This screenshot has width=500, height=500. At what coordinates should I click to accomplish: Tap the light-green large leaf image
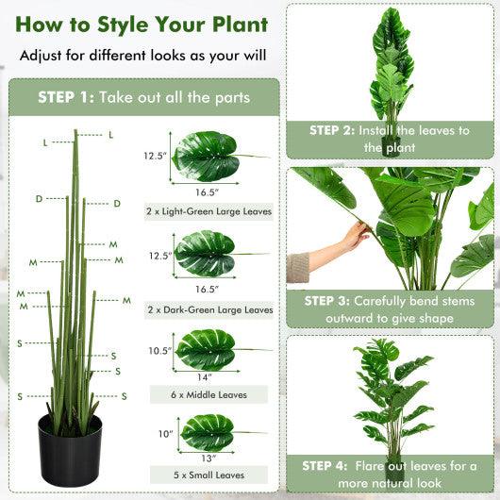tap(207, 157)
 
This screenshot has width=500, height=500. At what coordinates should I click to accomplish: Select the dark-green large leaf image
tap(206, 254)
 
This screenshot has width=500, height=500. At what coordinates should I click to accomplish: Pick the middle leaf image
tap(206, 350)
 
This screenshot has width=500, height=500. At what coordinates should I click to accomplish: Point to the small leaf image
tap(207, 432)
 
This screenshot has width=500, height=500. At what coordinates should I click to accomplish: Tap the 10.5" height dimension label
tap(158, 351)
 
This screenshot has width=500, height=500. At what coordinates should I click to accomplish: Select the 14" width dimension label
tap(206, 376)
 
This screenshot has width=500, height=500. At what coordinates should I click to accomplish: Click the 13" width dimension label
tap(208, 458)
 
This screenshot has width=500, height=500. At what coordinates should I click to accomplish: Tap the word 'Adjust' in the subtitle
tap(42, 55)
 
